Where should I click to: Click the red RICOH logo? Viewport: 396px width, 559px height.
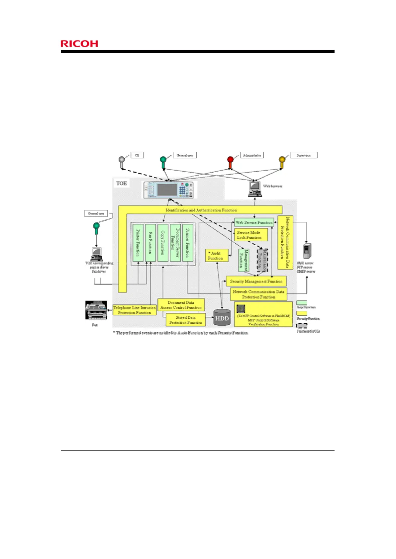click(x=79, y=44)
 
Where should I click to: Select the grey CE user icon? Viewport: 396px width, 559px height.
click(x=122, y=160)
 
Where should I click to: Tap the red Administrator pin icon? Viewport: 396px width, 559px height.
click(x=230, y=160)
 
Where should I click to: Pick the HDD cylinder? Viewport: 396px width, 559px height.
click(x=222, y=317)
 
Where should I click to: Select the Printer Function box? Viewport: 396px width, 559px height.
click(x=138, y=243)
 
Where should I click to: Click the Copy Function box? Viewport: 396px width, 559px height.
click(x=163, y=243)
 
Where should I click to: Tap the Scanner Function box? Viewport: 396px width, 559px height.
click(x=188, y=243)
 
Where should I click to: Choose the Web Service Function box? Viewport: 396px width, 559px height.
click(x=254, y=222)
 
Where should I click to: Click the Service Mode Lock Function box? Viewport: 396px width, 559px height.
click(x=251, y=235)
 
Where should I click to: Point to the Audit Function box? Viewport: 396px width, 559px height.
click(x=217, y=256)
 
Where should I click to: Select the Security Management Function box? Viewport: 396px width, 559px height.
click(x=256, y=281)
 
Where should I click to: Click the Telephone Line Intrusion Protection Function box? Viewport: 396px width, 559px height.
click(x=135, y=310)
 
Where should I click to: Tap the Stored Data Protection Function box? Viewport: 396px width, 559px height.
click(x=186, y=320)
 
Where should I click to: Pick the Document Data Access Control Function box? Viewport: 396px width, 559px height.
click(x=181, y=305)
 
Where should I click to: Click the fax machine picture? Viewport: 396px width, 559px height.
click(x=96, y=311)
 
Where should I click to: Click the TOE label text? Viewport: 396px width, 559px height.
click(x=122, y=183)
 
